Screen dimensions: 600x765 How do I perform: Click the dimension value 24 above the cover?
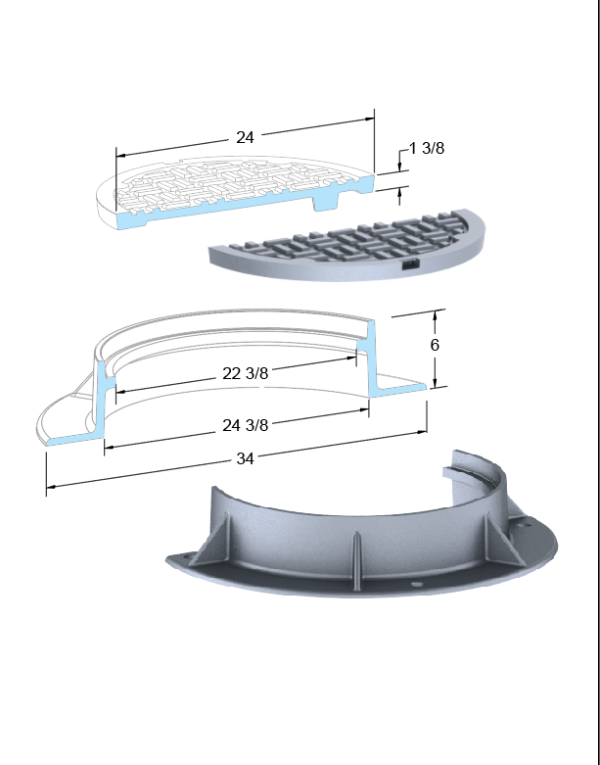(245, 137)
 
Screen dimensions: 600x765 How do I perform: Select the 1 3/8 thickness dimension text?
(427, 148)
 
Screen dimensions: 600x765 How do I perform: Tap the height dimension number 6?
(435, 345)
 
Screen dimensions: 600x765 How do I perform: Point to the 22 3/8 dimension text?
(245, 374)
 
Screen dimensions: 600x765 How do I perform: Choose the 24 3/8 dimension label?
(245, 425)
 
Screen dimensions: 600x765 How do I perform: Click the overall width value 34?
(245, 458)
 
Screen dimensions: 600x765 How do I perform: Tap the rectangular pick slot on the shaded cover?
(410, 263)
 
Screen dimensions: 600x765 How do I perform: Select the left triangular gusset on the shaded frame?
(213, 539)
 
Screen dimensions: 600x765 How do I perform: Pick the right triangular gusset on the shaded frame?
(503, 540)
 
